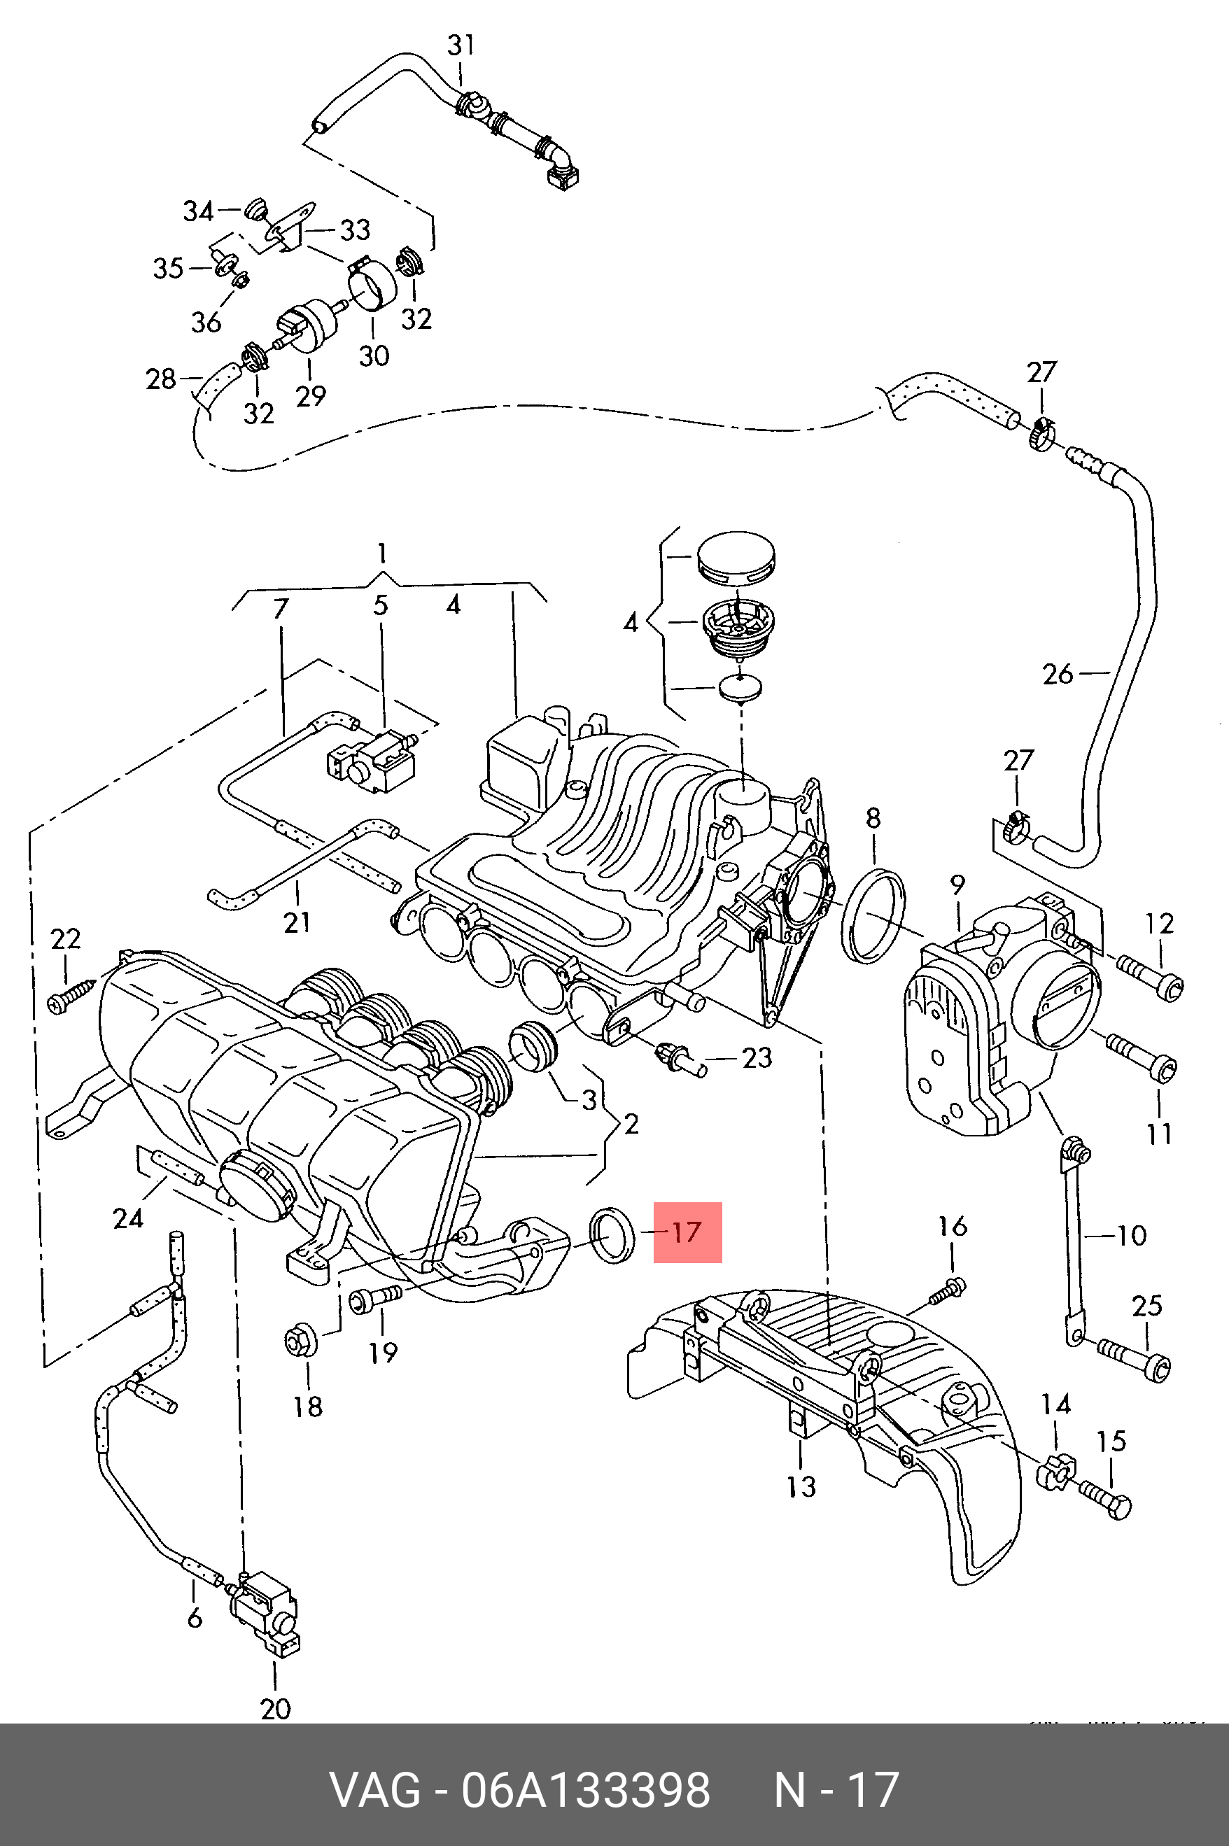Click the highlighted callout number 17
coord(687,1232)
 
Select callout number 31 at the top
coord(461,45)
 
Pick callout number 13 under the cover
coord(801,1486)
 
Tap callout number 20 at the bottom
coord(275,1709)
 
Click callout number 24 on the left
coord(128,1218)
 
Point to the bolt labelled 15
coord(1105,1500)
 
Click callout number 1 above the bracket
coord(381,555)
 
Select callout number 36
coord(206,322)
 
